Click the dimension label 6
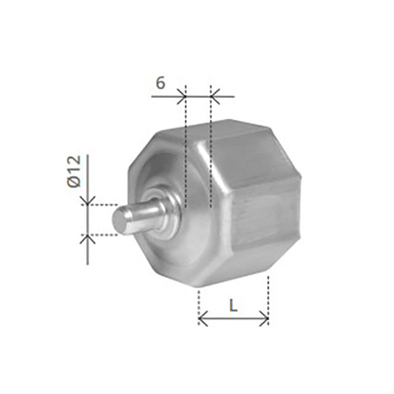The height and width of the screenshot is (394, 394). (161, 83)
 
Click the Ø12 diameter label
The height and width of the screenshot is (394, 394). (74, 171)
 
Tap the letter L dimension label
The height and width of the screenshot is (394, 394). (233, 306)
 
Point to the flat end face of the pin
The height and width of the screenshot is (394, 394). (120, 221)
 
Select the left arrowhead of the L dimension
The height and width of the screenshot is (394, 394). (203, 318)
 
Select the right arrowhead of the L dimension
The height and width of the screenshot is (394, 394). (264, 318)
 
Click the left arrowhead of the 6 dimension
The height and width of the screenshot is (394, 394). (181, 97)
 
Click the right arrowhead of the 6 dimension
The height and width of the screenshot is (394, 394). (215, 97)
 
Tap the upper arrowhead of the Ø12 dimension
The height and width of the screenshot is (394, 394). (87, 200)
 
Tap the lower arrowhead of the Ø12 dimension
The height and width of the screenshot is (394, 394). (87, 239)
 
